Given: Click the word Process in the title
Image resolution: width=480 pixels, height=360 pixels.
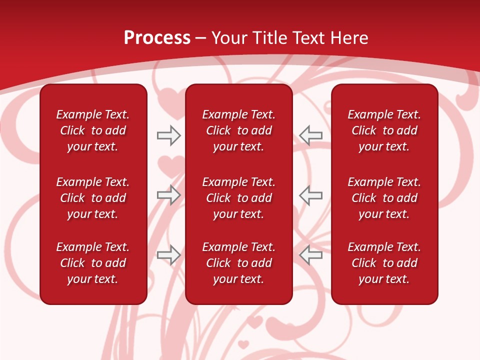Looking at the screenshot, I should (x=157, y=38).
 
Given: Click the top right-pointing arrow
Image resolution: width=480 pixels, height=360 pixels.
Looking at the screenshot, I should (x=168, y=135).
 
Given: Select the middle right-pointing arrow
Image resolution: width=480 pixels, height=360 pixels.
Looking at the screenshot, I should (x=168, y=195).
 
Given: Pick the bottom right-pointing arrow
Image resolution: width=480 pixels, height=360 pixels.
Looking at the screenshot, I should (x=168, y=254).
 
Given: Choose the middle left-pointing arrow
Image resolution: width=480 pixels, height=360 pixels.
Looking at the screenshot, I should (x=310, y=195).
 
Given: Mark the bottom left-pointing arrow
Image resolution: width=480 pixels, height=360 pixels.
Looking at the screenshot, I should (x=310, y=254).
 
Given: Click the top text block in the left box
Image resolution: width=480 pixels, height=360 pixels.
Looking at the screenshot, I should (x=93, y=130).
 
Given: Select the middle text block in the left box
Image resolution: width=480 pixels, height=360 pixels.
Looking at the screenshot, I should (x=93, y=198).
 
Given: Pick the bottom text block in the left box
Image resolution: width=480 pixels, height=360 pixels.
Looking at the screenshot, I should (x=93, y=263).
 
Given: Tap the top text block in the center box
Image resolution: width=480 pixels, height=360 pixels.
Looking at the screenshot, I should (x=238, y=130).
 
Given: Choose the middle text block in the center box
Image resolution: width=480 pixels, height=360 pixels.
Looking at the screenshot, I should (x=238, y=198).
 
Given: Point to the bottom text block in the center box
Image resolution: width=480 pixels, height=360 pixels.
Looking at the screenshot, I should (x=238, y=263).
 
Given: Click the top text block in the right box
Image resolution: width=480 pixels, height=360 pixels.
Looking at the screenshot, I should (x=384, y=130).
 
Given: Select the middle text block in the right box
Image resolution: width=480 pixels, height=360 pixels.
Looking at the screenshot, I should (x=384, y=198).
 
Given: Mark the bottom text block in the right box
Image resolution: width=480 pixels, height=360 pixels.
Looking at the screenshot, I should (x=384, y=263).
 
